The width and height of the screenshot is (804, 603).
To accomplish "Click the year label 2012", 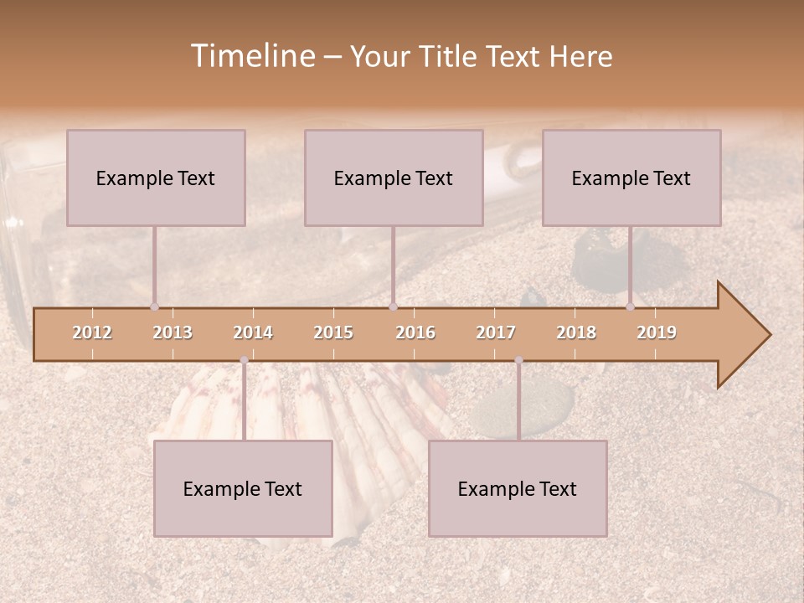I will (x=92, y=332).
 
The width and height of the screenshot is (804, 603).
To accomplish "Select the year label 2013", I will (x=173, y=332).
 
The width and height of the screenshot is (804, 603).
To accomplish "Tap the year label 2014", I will (x=253, y=332).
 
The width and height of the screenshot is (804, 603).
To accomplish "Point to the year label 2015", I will (x=333, y=332).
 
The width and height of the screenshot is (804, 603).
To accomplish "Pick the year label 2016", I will (x=415, y=332).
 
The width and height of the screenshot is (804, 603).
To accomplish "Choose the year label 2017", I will (x=496, y=332).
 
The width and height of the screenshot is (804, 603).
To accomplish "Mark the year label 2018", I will (x=576, y=332).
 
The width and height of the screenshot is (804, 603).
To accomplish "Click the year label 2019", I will (x=657, y=332).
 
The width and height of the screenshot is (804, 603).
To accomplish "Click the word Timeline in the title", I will (x=252, y=56).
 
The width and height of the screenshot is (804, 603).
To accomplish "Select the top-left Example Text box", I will (x=156, y=178).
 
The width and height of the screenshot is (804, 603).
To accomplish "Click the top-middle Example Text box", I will (x=394, y=178).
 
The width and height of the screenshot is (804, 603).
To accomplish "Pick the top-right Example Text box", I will (x=631, y=178).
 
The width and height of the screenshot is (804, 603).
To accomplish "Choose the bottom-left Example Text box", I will (x=243, y=488).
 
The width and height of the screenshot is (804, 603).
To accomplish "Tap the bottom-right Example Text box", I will (x=518, y=488).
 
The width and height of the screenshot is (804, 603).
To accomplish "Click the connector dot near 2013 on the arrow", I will (x=154, y=307).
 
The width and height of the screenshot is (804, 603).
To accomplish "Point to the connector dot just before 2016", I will (x=393, y=307).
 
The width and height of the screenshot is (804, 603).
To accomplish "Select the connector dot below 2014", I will (x=244, y=360).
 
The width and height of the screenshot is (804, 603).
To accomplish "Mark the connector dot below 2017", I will (x=518, y=360).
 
